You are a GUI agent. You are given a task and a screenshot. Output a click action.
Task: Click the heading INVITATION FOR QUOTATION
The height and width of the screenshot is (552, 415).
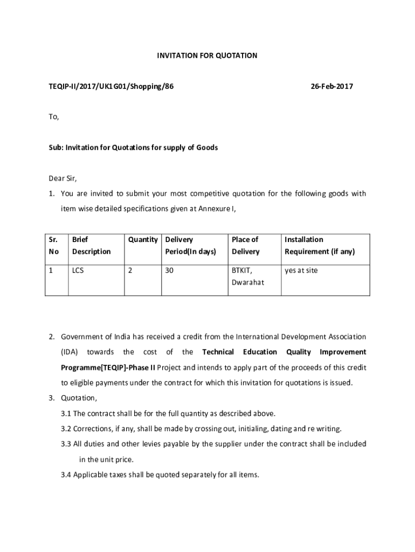(x=207, y=56)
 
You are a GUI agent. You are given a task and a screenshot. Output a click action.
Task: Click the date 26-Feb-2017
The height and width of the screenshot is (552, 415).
(x=331, y=86)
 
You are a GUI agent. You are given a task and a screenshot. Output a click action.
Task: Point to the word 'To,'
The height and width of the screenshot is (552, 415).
(x=53, y=116)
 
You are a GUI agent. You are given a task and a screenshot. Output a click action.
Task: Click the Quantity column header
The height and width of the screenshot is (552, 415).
(x=143, y=239)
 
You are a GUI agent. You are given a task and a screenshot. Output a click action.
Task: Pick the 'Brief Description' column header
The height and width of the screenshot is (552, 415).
(x=91, y=245)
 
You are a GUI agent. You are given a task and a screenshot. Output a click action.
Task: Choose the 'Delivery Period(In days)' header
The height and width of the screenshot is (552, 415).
(x=190, y=245)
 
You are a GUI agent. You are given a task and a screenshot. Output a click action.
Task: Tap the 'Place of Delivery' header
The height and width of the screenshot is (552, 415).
(x=245, y=245)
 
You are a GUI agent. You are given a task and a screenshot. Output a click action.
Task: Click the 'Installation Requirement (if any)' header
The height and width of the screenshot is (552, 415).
(x=320, y=245)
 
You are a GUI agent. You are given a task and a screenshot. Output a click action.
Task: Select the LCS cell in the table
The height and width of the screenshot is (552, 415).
(x=78, y=271)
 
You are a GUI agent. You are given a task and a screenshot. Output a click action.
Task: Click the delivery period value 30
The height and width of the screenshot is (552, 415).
(x=169, y=271)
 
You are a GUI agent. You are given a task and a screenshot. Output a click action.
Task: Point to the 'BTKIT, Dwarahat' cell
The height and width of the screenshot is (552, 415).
(x=248, y=276)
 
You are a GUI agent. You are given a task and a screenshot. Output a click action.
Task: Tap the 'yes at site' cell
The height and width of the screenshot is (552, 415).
(x=301, y=271)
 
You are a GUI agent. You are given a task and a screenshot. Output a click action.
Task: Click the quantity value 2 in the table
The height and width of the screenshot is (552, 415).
(x=130, y=271)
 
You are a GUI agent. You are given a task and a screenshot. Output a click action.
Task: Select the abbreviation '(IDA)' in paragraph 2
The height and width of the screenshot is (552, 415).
(x=70, y=352)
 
